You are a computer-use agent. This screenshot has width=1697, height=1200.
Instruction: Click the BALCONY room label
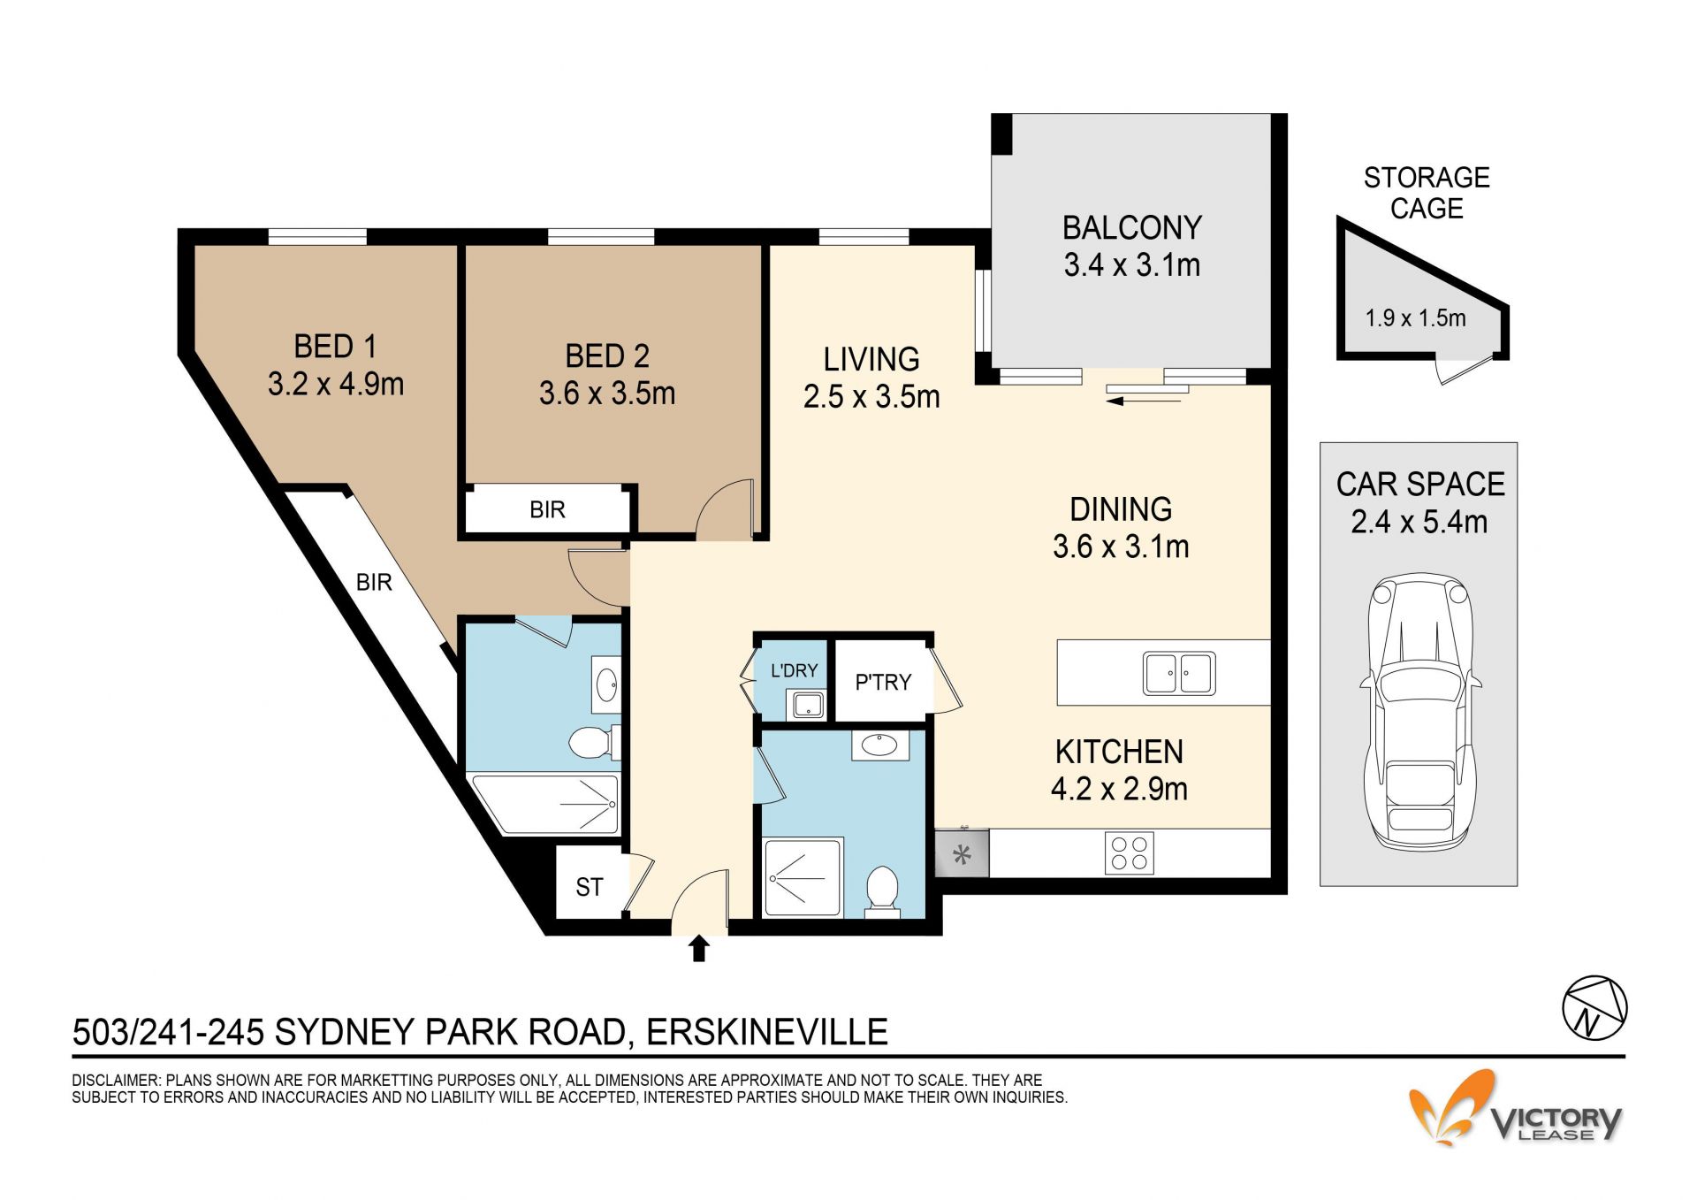click(1131, 228)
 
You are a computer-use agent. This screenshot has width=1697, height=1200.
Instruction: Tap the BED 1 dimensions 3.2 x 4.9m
click(336, 384)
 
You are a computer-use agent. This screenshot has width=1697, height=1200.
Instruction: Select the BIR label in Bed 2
click(547, 509)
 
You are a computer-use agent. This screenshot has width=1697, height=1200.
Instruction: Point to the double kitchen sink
click(1179, 673)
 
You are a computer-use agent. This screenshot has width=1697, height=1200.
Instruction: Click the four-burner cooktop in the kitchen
click(1130, 853)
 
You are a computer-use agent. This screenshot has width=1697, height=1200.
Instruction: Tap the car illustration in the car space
click(1419, 713)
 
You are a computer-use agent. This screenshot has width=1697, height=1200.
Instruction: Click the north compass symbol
click(1594, 1008)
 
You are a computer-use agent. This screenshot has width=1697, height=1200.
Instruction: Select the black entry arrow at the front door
click(699, 948)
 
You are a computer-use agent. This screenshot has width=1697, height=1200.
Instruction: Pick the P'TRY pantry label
click(883, 682)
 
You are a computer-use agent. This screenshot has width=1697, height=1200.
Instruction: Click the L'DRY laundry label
click(794, 670)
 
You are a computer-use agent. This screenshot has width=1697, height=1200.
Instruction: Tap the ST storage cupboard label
click(590, 887)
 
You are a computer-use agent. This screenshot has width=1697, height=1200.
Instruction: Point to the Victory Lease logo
click(1515, 1110)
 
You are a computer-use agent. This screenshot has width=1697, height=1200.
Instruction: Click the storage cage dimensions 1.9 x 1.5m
click(1415, 317)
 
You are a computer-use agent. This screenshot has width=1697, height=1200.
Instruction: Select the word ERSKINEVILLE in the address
click(767, 1032)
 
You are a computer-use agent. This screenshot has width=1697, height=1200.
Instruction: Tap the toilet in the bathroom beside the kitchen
click(882, 890)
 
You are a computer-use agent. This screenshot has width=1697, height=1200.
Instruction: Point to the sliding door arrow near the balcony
click(1144, 401)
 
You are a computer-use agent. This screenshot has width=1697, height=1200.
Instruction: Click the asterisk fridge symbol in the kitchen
click(962, 854)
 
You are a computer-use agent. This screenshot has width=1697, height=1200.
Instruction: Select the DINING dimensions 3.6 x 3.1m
click(1121, 546)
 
